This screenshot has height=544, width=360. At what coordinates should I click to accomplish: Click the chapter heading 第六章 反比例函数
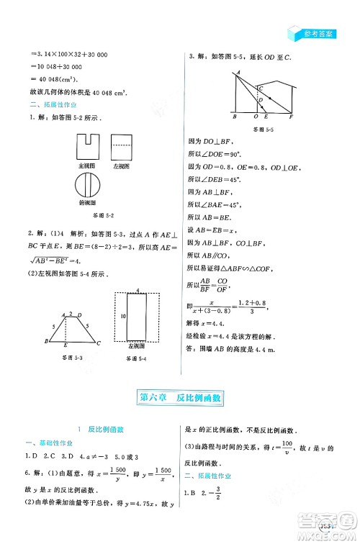(180, 396)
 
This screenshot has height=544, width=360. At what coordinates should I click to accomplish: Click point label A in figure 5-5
(235, 74)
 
